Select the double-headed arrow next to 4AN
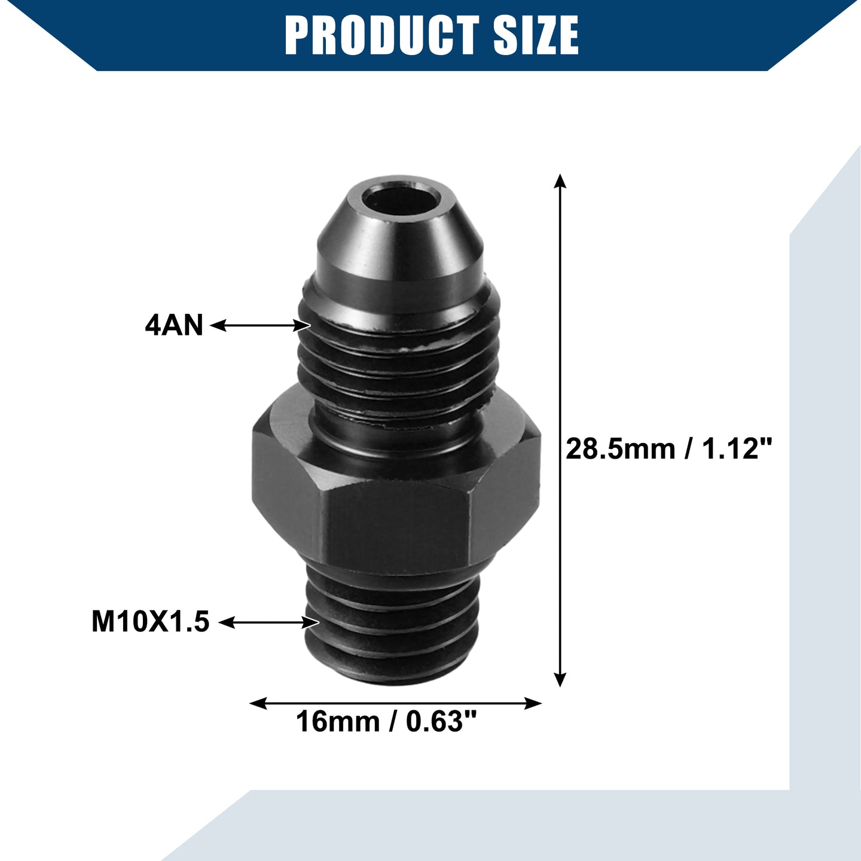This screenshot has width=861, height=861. [259, 325]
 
